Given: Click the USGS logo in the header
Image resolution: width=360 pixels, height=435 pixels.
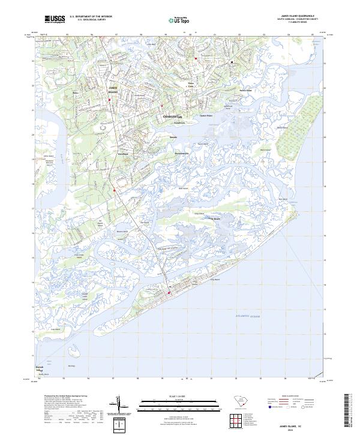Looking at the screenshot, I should (55, 20).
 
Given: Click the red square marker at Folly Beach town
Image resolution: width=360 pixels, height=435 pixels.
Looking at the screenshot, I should (169, 293).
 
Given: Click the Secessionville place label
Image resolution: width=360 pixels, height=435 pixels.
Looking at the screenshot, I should (181, 153).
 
